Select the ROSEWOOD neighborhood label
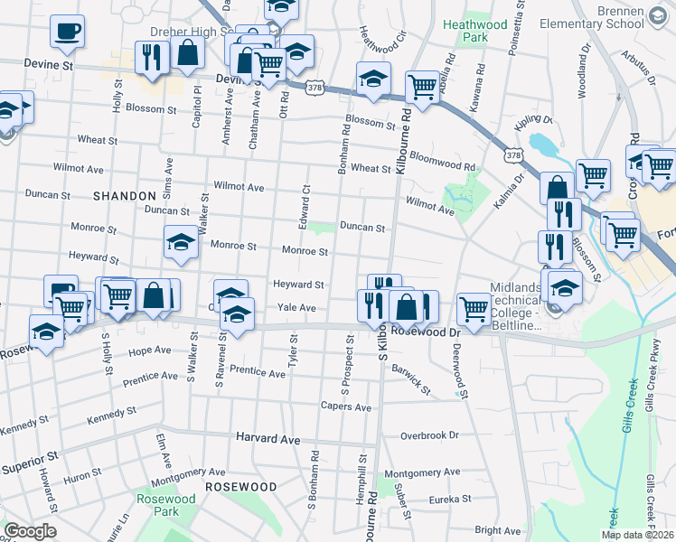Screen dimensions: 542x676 click(240, 486)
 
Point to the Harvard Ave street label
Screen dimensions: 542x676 click(268, 438)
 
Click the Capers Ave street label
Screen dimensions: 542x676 click(346, 407)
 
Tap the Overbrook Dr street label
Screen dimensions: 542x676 click(429, 435)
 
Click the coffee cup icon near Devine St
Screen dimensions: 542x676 click(68, 32)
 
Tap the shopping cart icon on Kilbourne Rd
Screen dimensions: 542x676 click(422, 88)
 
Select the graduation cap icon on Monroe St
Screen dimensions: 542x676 click(181, 242)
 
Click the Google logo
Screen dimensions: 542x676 click(29, 531)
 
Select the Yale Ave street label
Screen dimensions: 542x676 click(296, 308)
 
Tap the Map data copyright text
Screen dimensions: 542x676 click(637, 535)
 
